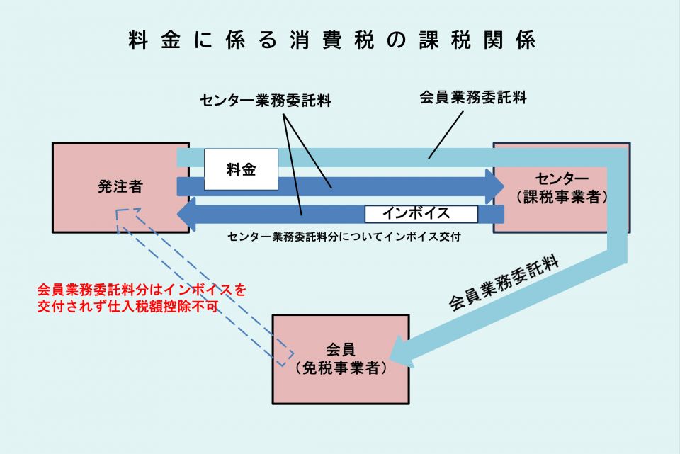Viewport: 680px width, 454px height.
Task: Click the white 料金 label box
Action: (241, 170)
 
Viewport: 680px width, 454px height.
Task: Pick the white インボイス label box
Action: (421, 213)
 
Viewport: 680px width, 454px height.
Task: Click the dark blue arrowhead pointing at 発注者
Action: (187, 214)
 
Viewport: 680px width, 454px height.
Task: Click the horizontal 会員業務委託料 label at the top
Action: (472, 98)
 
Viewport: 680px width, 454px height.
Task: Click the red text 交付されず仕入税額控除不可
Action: (127, 307)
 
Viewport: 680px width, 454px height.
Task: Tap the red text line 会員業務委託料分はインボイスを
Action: (142, 290)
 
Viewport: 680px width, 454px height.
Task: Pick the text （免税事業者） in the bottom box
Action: (341, 368)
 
